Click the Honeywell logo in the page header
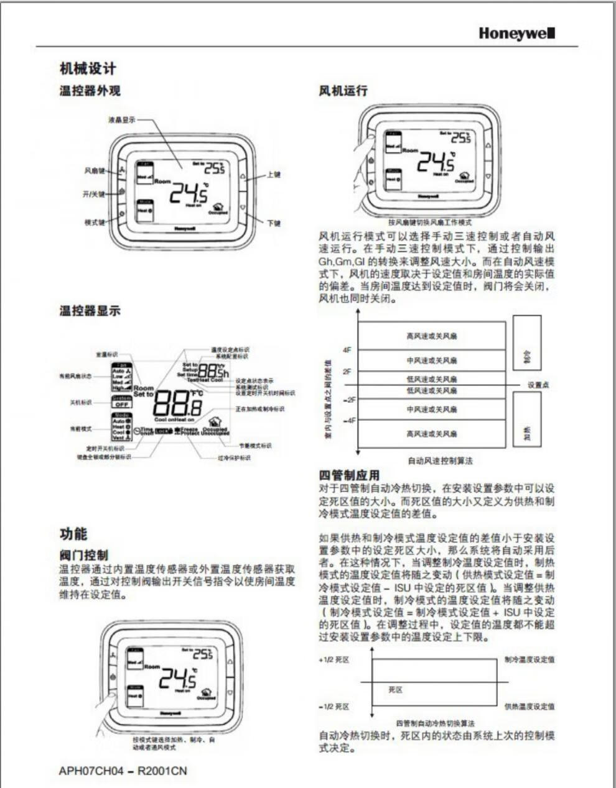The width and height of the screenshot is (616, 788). (516, 33)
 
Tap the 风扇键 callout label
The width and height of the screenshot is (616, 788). (95, 170)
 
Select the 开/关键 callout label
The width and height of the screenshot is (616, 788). (95, 194)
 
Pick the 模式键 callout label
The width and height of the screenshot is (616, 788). (95, 222)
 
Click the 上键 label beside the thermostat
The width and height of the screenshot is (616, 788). (274, 175)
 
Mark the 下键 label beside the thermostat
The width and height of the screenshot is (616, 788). (274, 223)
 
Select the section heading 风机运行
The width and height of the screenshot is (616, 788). (343, 91)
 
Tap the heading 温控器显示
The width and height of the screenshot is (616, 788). (90, 311)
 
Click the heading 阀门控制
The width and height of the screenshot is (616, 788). (83, 554)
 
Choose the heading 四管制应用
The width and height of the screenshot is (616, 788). (349, 475)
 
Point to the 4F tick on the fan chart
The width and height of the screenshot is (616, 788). (347, 350)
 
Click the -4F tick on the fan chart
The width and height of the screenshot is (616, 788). (349, 421)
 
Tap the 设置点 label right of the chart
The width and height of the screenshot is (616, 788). (538, 385)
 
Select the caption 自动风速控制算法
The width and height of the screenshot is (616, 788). (440, 461)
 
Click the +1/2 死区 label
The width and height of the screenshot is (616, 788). (334, 660)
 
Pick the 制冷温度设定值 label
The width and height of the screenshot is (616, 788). (530, 660)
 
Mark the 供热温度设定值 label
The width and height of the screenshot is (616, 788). (530, 707)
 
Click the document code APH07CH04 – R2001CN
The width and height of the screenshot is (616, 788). (123, 771)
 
